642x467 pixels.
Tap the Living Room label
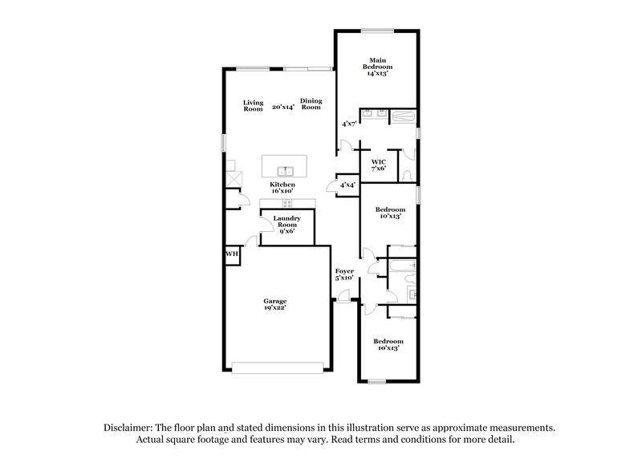(x=254, y=105)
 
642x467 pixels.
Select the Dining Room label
(x=311, y=104)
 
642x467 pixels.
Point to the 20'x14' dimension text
(x=282, y=106)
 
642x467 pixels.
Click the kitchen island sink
(x=284, y=170)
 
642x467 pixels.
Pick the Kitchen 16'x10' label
(x=282, y=189)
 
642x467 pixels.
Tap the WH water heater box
(x=232, y=254)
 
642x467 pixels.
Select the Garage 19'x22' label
(x=275, y=305)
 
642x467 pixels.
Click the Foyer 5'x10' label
(x=344, y=275)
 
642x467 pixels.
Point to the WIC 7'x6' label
(x=379, y=165)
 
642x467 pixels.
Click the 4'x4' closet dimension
(x=347, y=185)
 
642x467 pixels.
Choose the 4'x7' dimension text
(x=349, y=124)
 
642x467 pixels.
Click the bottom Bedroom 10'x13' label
(x=388, y=345)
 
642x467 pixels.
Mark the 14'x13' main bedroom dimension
(x=376, y=73)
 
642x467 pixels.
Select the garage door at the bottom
(x=278, y=368)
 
